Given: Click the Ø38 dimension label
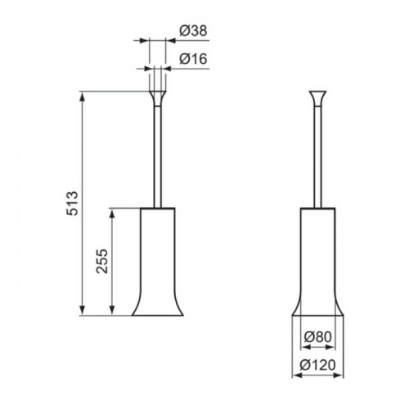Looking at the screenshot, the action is click(x=193, y=31).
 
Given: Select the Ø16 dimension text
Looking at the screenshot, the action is click(x=193, y=59).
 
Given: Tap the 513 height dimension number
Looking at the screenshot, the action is click(x=73, y=204).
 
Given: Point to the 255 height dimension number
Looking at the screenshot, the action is click(x=102, y=261).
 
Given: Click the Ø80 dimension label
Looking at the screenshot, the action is click(x=318, y=337).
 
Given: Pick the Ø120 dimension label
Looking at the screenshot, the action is click(x=318, y=365).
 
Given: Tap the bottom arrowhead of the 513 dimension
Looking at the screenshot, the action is click(x=83, y=310).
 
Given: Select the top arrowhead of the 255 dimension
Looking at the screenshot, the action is click(x=112, y=213).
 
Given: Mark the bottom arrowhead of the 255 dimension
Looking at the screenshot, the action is click(x=112, y=310).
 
